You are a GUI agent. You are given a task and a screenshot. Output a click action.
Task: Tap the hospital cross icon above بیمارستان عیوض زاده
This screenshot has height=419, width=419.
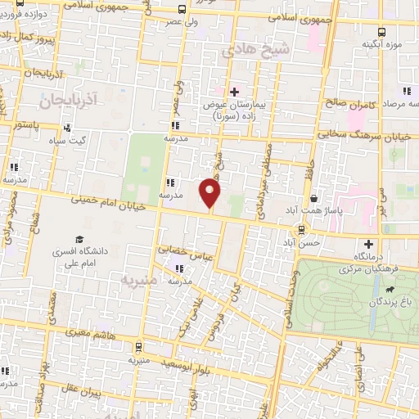(234, 91)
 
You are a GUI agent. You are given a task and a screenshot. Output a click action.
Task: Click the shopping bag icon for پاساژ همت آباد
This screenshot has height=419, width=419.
(314, 198)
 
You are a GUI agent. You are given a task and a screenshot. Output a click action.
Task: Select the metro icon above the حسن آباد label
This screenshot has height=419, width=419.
(302, 229)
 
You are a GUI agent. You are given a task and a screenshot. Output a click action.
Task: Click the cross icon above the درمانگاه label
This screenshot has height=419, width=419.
(368, 243)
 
